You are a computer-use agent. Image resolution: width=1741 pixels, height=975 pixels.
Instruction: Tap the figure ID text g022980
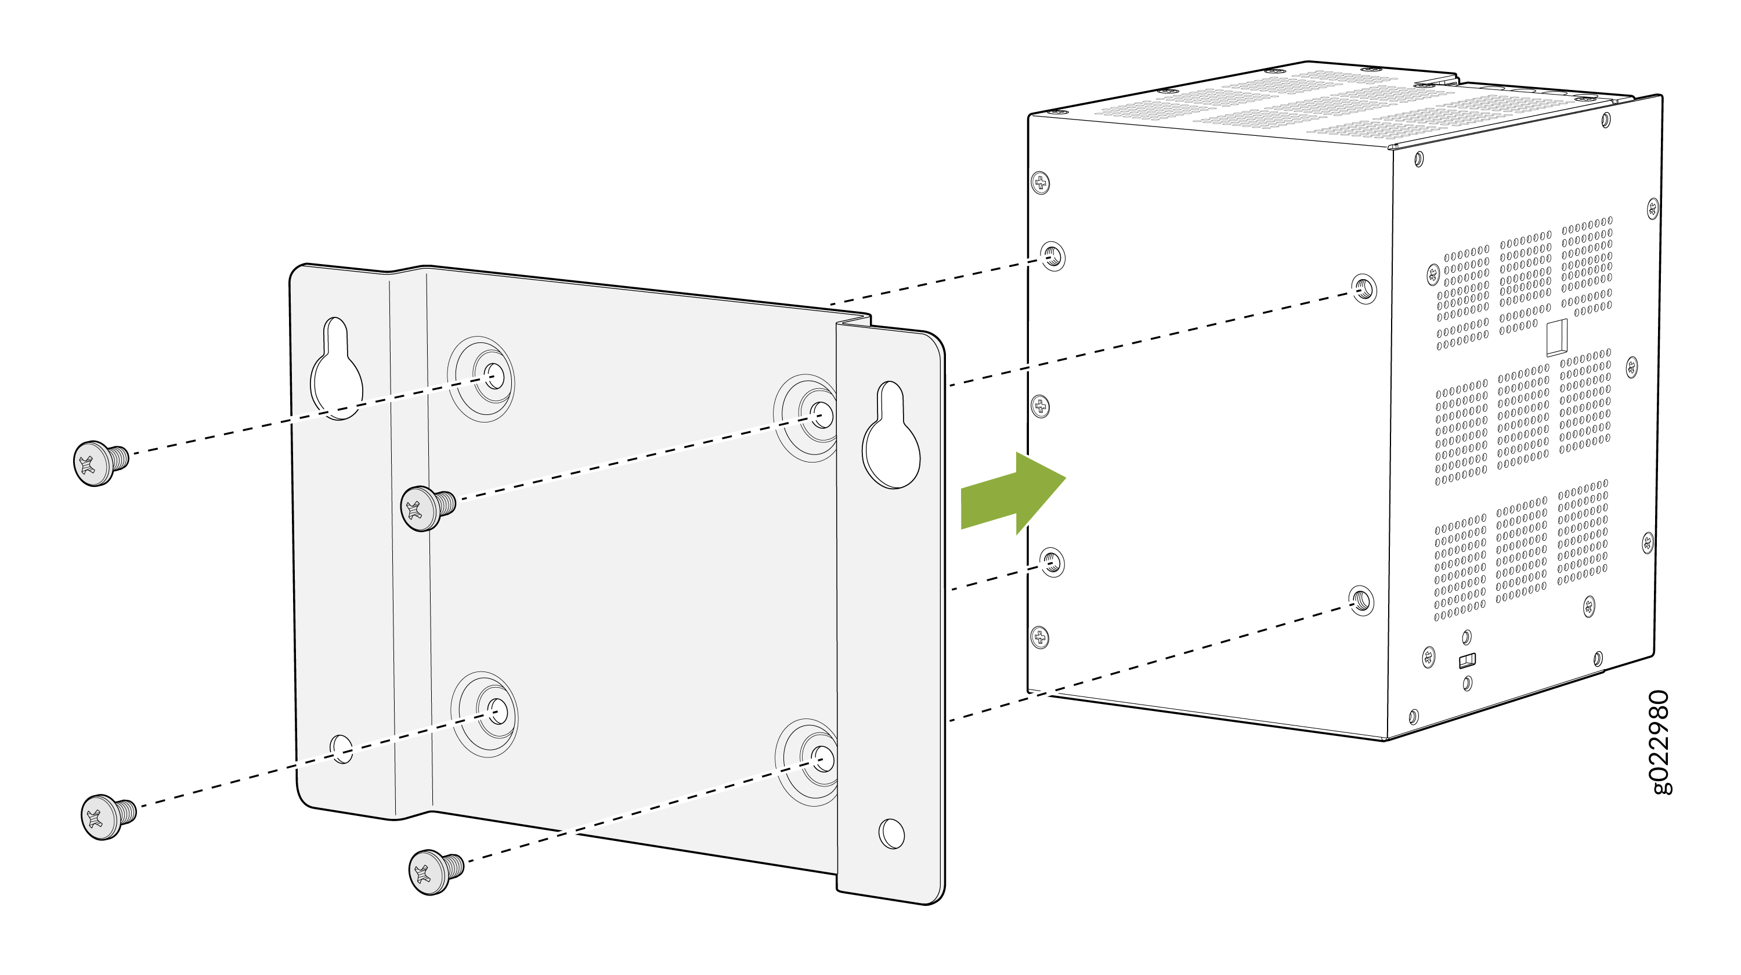tap(1660, 742)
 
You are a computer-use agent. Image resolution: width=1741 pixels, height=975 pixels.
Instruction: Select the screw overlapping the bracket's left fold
tap(428, 508)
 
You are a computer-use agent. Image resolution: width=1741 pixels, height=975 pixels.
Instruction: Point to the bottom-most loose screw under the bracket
tap(436, 872)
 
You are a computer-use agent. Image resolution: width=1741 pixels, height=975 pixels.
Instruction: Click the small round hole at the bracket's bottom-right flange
tap(891, 833)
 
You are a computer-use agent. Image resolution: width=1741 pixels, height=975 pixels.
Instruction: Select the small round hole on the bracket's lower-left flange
tap(341, 749)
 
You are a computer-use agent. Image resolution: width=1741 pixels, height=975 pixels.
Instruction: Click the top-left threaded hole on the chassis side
tap(1052, 256)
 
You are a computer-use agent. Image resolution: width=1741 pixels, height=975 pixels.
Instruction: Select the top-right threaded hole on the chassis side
tap(1364, 289)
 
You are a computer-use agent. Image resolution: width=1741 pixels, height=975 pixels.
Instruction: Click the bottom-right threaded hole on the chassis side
tap(1361, 601)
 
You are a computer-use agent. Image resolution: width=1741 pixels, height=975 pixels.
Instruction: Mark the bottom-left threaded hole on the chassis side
tap(1052, 563)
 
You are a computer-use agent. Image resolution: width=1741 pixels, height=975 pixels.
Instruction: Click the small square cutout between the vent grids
tap(1556, 337)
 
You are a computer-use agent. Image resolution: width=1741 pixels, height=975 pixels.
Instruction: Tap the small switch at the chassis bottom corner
tap(1467, 660)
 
